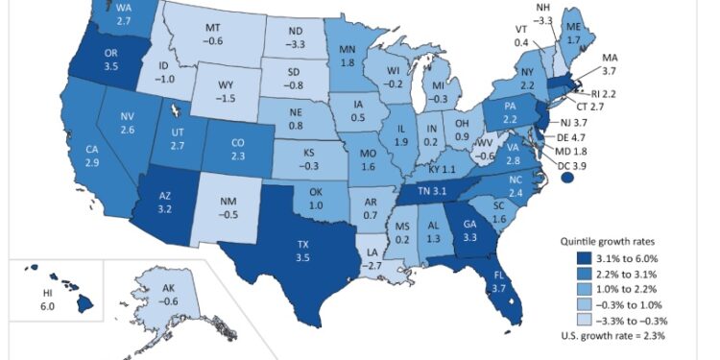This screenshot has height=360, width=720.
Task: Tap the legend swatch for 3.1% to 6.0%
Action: [x=581, y=258]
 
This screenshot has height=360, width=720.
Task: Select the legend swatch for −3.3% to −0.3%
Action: [x=581, y=319]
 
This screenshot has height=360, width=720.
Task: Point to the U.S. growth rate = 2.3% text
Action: [x=612, y=336]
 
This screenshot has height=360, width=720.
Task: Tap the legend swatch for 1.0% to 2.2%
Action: [x=581, y=288]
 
